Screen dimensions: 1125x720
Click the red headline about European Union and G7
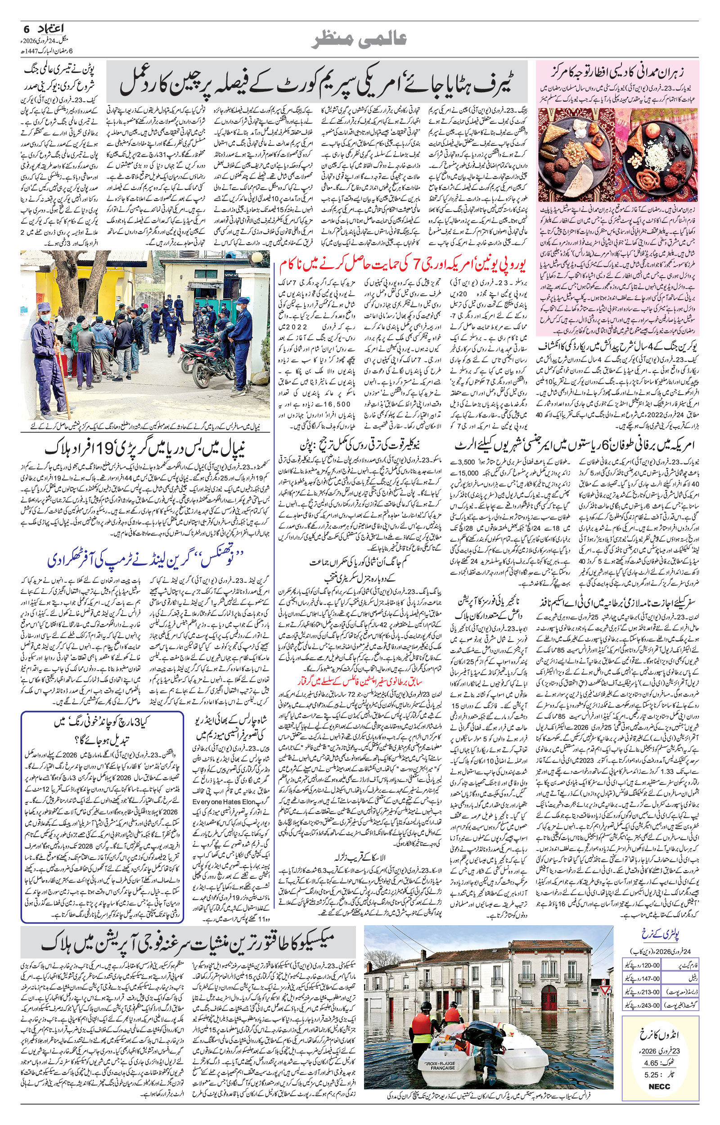coord(402,265)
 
